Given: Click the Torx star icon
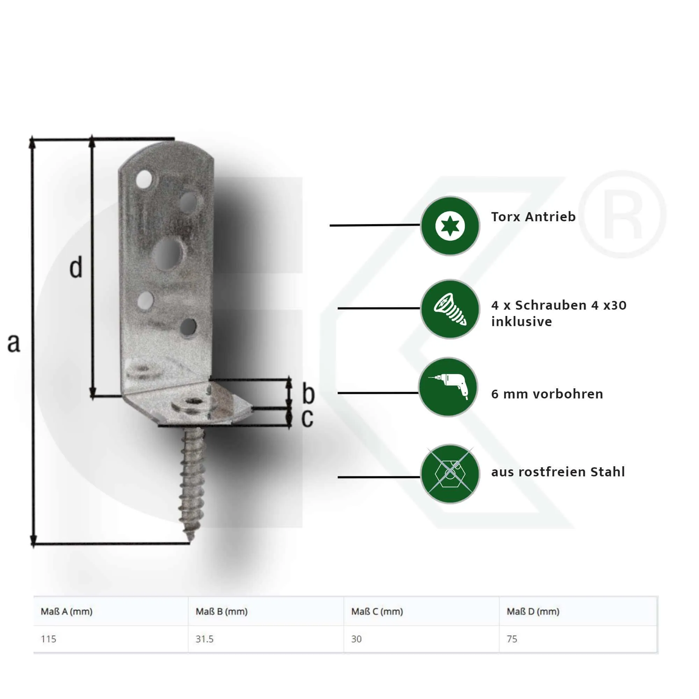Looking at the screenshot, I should (x=450, y=226).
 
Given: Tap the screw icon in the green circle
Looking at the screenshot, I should (x=450, y=309).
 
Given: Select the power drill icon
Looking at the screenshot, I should (x=449, y=387).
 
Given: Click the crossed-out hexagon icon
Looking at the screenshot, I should (x=450, y=474).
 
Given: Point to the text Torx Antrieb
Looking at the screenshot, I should (x=533, y=217).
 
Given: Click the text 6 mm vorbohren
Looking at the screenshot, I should (x=547, y=394).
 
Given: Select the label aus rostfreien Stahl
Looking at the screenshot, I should (x=557, y=472).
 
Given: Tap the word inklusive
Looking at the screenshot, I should (x=521, y=322).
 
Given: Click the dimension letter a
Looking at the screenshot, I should (x=14, y=343).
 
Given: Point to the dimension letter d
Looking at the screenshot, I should (x=76, y=268).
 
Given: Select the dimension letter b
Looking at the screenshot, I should (x=308, y=394).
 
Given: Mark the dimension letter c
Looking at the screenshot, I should (x=307, y=418).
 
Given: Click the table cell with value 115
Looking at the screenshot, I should (x=49, y=639).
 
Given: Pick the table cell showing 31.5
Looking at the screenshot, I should (x=204, y=639).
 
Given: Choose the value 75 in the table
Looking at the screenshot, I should (x=512, y=639).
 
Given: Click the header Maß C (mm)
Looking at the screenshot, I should (x=377, y=611).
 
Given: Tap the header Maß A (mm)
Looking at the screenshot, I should (x=66, y=611).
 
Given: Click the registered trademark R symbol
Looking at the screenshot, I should (x=622, y=215).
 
